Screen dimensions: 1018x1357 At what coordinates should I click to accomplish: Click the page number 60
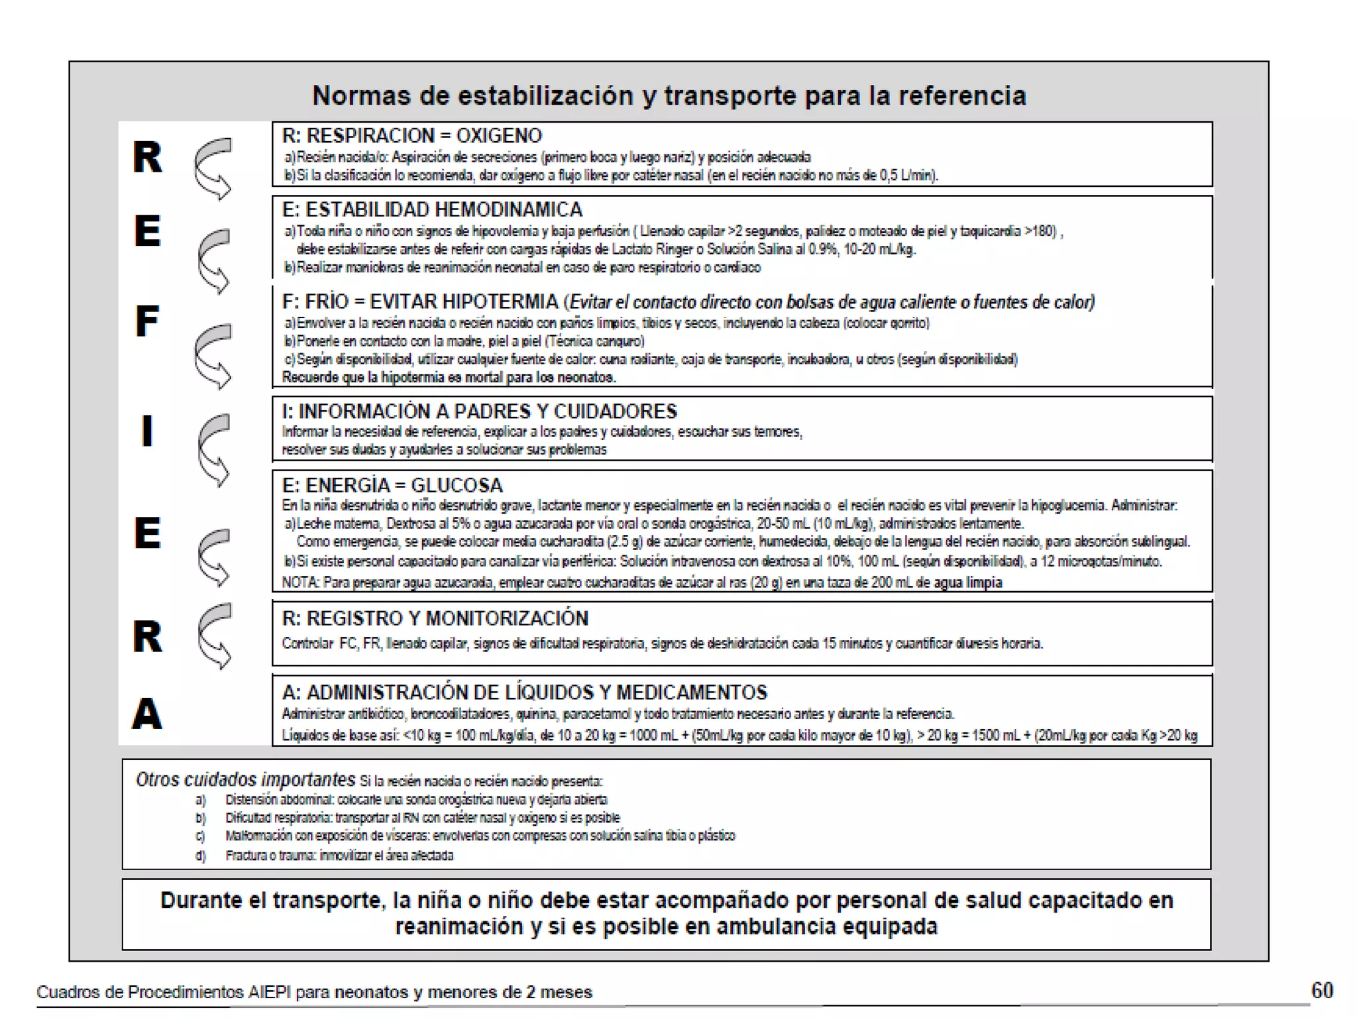1322,990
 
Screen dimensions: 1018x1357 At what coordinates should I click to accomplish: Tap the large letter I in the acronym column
147,431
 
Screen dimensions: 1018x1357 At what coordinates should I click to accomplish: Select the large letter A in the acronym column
147,714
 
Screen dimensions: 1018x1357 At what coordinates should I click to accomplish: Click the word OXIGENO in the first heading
499,136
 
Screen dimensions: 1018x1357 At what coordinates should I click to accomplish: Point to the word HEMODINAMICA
509,210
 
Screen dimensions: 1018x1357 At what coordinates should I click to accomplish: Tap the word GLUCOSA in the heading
457,485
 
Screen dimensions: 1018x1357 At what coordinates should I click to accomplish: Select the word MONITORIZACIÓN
507,618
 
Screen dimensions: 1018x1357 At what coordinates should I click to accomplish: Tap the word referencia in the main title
962,96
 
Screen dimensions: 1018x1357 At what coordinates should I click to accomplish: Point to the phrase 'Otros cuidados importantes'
245,779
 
